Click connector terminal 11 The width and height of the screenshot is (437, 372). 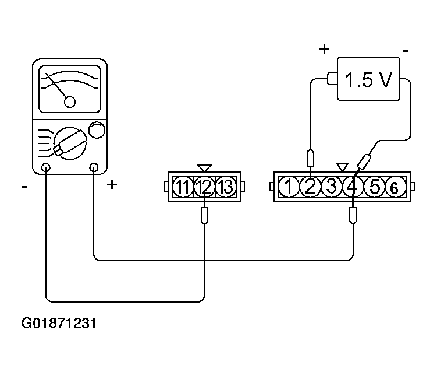183,187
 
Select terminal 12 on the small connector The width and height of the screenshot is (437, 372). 204,187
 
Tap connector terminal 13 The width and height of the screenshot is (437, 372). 226,187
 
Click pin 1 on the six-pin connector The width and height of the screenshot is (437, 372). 289,187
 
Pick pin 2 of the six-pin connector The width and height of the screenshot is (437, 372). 310,187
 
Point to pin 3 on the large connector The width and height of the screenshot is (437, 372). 331,187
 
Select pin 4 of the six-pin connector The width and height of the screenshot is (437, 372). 353,187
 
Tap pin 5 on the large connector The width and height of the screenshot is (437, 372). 374,187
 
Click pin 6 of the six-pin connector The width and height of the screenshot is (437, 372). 395,187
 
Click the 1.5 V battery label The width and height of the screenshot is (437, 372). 368,80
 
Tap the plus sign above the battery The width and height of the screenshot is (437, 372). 324,49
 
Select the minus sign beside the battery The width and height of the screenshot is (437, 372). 406,51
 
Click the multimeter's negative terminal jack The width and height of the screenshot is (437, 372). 46,167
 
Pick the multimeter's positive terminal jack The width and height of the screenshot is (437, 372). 94,167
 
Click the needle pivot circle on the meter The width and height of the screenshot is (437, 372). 70,102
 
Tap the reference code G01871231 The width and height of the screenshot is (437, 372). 59,323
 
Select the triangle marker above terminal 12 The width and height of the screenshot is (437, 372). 204,167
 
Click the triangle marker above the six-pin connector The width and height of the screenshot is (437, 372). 342,167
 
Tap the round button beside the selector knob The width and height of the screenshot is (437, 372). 97,130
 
